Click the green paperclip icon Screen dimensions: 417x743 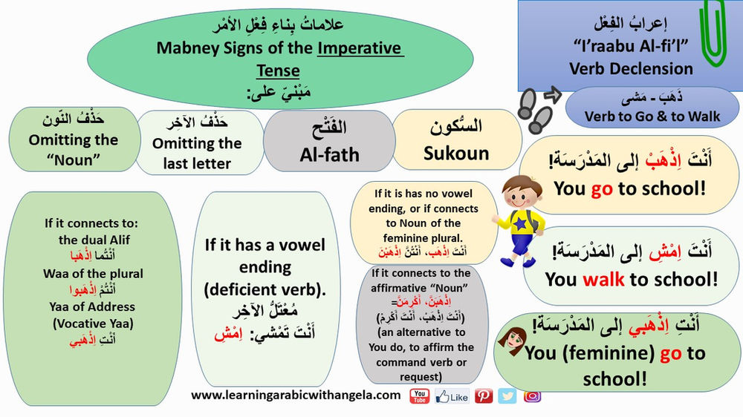click(715, 33)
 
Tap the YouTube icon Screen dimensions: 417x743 click(420, 396)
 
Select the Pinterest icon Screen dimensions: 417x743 click(484, 396)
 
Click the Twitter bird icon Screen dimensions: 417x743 click(507, 396)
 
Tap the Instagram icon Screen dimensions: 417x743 click(532, 396)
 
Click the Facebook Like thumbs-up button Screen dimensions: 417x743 click(452, 396)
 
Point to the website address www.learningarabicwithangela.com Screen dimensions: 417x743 click(296, 395)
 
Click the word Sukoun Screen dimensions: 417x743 click(456, 154)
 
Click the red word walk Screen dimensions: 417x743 click(603, 279)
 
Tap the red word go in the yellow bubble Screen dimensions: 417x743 click(601, 189)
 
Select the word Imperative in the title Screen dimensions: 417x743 click(360, 49)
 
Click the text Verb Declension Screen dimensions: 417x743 click(631, 68)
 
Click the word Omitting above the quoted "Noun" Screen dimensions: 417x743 click(63, 139)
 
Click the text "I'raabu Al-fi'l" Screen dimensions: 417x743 click(631, 47)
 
